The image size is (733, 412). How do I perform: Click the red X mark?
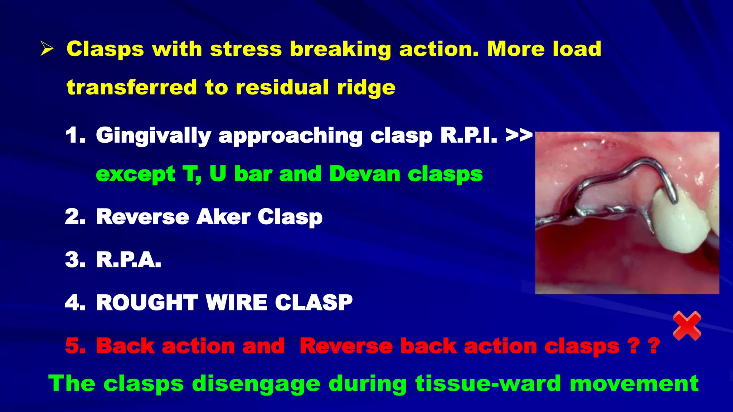pyautogui.click(x=687, y=325)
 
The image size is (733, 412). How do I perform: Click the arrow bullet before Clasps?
pyautogui.click(x=47, y=49)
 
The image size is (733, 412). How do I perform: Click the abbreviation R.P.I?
pyautogui.click(x=469, y=136)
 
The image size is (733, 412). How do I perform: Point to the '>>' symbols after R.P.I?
pyautogui.click(x=519, y=136)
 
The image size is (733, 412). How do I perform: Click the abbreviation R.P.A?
pyautogui.click(x=128, y=260)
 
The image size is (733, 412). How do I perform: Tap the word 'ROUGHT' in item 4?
pyautogui.click(x=147, y=303)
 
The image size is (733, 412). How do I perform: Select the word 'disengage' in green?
pyautogui.click(x=256, y=383)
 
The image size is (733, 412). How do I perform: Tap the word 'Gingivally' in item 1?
pyautogui.click(x=154, y=136)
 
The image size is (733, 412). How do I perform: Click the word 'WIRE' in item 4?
pyautogui.click(x=236, y=303)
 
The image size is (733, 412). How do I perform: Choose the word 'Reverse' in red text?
pyautogui.click(x=346, y=346)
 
